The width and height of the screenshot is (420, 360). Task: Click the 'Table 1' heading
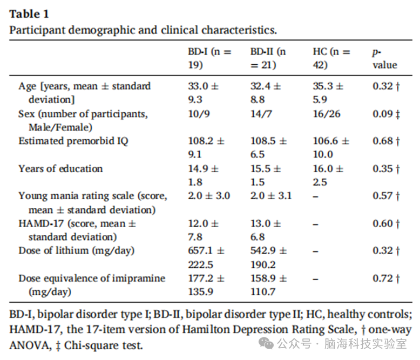coord(29,14)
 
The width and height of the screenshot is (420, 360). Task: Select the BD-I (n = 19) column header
coord(209,58)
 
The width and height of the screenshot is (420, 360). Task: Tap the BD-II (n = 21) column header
coord(268,58)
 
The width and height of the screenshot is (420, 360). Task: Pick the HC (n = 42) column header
coord(331,58)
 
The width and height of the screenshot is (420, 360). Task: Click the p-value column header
coord(385,59)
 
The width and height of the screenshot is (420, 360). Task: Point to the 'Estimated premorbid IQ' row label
coord(73,141)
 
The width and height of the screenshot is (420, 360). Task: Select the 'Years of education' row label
coord(60,169)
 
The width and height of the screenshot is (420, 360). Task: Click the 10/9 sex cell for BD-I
coord(199,114)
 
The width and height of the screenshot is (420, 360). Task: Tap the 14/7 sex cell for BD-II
coord(261,114)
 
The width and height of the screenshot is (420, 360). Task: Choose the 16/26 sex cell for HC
coord(327,114)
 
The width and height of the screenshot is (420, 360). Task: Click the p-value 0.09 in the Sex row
coord(386,114)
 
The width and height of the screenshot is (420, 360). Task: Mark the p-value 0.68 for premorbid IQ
coord(386,141)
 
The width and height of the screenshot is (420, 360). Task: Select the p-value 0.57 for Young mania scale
coord(386,196)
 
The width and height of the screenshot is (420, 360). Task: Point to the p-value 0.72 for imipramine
coord(386,279)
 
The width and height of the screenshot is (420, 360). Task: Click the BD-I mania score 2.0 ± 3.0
coord(209,196)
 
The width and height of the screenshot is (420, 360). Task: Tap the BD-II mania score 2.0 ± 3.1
coord(271,196)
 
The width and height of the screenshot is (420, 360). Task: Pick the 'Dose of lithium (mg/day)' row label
coord(76,251)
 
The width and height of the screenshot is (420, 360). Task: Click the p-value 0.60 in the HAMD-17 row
coord(386,223)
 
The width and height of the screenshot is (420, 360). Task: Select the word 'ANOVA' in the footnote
coord(30,345)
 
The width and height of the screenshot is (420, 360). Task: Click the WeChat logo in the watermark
coord(266,344)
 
